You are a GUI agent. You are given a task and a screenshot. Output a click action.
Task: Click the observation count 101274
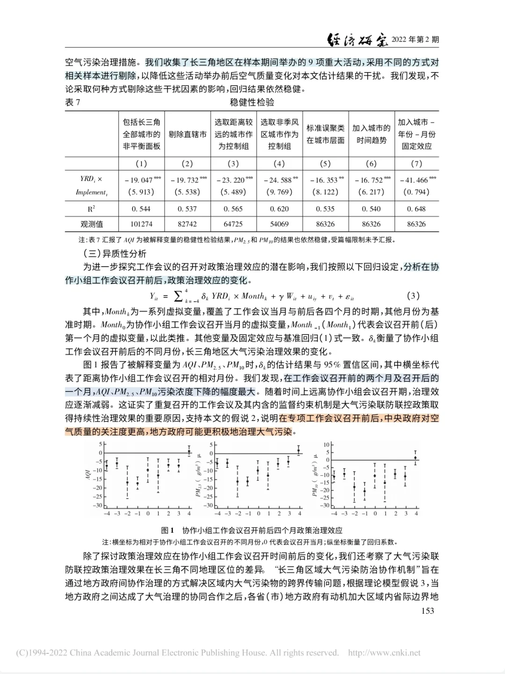click(141, 224)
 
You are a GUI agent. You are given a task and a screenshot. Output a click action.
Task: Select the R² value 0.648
click(416, 209)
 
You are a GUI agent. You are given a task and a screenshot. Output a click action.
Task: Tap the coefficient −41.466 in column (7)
click(416, 180)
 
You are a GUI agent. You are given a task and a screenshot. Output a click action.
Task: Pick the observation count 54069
click(279, 224)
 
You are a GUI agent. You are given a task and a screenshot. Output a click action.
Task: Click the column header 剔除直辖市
click(188, 134)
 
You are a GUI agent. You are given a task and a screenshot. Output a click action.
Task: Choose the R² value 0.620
click(279, 209)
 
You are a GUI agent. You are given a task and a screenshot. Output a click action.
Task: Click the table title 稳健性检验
click(252, 102)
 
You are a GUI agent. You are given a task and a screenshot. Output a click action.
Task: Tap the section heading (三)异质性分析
click(115, 254)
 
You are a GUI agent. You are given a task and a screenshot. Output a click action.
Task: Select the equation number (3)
click(413, 296)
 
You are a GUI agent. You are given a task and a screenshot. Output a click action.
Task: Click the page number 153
click(427, 610)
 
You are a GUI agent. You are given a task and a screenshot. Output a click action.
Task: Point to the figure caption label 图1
click(167, 530)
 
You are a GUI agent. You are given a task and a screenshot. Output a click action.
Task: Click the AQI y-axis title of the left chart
click(87, 475)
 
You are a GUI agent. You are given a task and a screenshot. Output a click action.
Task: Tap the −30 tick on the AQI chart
click(97, 505)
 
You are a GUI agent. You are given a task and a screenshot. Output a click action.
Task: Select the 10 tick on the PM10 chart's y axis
click(326, 444)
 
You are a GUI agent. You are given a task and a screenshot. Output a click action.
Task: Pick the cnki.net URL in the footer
click(384, 653)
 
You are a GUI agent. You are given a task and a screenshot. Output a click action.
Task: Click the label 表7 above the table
click(72, 102)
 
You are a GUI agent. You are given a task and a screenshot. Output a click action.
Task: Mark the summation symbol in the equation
click(178, 296)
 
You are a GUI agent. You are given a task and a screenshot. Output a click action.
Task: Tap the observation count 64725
click(233, 224)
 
